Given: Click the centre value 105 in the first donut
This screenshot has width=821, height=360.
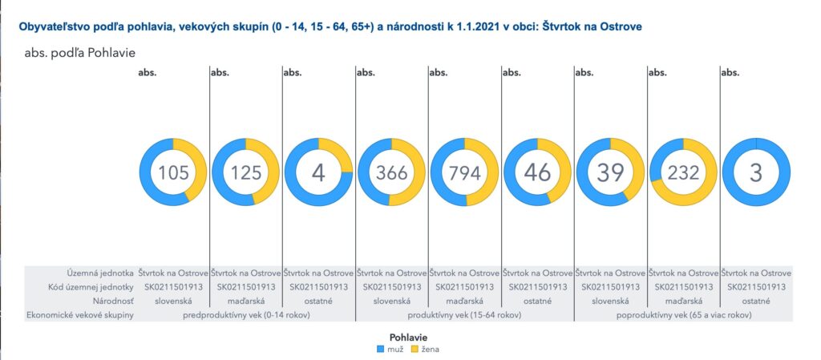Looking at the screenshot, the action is pyautogui.click(x=173, y=172).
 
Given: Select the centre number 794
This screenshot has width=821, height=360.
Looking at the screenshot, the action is pyautogui.click(x=465, y=172).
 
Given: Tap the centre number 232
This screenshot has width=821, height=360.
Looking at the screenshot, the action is pyautogui.click(x=683, y=172).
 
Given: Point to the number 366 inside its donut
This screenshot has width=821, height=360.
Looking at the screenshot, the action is pyautogui.click(x=392, y=172).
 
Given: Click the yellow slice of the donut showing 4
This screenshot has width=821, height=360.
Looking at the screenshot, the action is pyautogui.click(x=338, y=153).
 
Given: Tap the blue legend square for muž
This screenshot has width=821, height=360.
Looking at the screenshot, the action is pyautogui.click(x=381, y=349).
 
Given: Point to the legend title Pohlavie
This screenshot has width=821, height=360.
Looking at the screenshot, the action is pyautogui.click(x=408, y=338).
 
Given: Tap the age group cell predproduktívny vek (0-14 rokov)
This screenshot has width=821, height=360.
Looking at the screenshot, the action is pyautogui.click(x=246, y=316).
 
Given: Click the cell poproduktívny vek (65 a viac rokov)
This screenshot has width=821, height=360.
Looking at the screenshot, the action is pyautogui.click(x=684, y=316).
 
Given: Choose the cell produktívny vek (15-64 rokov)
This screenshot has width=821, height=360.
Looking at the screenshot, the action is pyautogui.click(x=465, y=316).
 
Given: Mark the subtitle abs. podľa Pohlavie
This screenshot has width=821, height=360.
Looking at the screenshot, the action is pyautogui.click(x=80, y=54).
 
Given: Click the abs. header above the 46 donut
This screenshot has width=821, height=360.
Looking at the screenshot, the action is pyautogui.click(x=511, y=73).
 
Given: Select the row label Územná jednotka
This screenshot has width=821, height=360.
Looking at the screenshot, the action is pyautogui.click(x=100, y=273).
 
